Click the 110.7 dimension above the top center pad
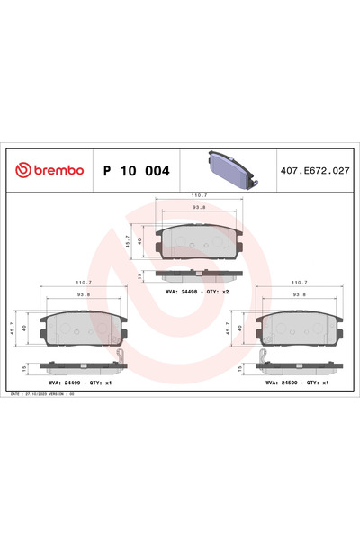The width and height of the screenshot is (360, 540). pyautogui.click(x=199, y=193)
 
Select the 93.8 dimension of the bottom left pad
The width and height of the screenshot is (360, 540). pyautogui.click(x=83, y=294)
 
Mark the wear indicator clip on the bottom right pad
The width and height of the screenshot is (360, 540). pyautogui.click(x=262, y=362)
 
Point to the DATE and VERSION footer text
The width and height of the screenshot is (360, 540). pyautogui.click(x=58, y=394)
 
